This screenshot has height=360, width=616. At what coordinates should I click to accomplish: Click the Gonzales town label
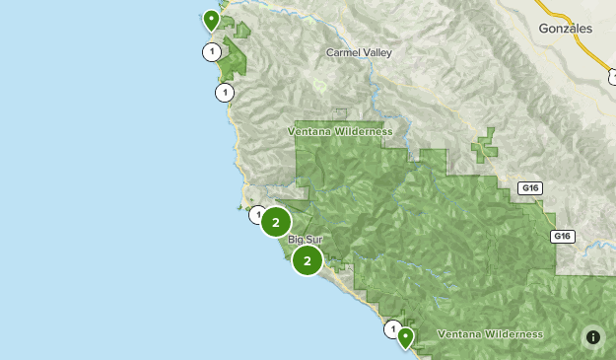566,29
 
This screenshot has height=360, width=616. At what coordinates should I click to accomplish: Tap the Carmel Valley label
358,52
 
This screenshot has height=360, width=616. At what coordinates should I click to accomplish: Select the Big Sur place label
306,240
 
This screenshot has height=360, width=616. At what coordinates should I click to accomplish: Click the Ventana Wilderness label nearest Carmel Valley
340,131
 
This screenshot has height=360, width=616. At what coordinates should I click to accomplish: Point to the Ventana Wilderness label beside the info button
489,334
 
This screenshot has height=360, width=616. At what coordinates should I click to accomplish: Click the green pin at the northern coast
210,20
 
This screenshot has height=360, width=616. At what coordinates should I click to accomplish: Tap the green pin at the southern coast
404,337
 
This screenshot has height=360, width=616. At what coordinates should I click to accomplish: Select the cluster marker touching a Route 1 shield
276,223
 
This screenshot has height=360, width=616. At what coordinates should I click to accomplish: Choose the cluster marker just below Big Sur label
308,260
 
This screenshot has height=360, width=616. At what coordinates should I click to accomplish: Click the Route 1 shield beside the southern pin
393,328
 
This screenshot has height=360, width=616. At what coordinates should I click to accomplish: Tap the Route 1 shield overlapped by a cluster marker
257,214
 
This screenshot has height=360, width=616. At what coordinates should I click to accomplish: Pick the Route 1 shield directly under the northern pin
210,51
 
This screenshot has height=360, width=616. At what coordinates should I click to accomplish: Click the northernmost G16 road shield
531,188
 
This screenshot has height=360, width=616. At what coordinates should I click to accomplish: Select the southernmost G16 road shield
562,237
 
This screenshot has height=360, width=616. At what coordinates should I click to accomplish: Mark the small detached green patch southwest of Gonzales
484,146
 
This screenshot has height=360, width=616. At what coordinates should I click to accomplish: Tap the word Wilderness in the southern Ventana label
512,334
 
